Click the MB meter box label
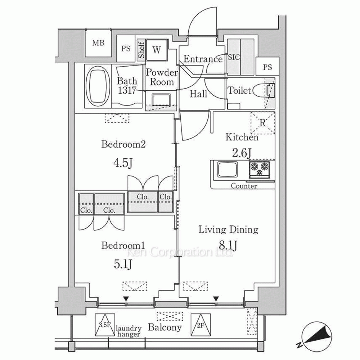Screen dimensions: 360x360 pos(98,43)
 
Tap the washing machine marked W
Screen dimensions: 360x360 pos(157,50)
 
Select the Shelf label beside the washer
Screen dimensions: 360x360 pos(141,50)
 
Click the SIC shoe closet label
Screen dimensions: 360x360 pos(234,57)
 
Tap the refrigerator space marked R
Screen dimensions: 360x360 pos(263,123)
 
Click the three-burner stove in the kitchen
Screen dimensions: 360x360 pos(260,170)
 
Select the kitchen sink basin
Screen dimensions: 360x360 pos(227,169)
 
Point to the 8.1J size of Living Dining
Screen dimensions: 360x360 pos(228,245)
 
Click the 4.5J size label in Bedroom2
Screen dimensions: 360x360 pos(123,163)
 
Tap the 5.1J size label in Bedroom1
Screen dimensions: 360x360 pos(123,264)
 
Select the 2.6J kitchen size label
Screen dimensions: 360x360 pos(242,153)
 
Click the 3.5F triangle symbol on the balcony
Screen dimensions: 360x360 pos(105,325)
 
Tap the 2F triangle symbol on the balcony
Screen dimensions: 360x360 pos(201,325)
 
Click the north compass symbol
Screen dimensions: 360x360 pos(314,335)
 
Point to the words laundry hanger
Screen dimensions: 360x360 pos(129,331)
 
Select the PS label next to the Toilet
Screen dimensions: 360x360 pos(267,67)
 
